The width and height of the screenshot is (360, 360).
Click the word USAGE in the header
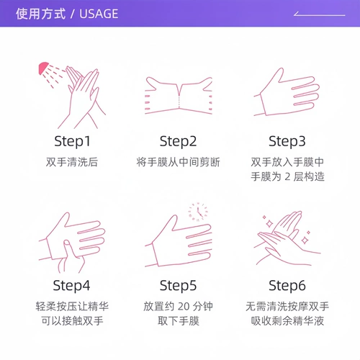[99, 14]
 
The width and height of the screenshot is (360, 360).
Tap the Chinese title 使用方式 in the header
[40, 14]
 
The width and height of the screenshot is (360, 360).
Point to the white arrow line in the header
[319, 14]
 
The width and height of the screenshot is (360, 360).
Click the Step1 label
[72, 141]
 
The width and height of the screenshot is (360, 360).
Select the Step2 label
[178, 141]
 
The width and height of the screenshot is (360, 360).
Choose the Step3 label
[287, 141]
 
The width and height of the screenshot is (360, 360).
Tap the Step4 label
[71, 286]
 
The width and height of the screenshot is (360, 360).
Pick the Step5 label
[178, 286]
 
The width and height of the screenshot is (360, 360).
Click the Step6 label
[287, 286]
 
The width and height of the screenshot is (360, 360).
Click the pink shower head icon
[42, 68]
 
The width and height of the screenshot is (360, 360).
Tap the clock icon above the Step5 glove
[198, 212]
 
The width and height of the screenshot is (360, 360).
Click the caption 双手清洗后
[72, 162]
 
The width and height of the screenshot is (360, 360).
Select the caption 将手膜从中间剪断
[178, 162]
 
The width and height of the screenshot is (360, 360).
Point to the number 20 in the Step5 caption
[184, 307]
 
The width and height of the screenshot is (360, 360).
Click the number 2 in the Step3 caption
[287, 177]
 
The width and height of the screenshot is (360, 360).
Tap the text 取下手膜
[179, 321]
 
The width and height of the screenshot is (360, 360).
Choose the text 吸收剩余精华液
[287, 321]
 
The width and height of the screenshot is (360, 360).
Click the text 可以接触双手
[72, 321]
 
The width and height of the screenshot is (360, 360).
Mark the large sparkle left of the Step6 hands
[269, 224]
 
